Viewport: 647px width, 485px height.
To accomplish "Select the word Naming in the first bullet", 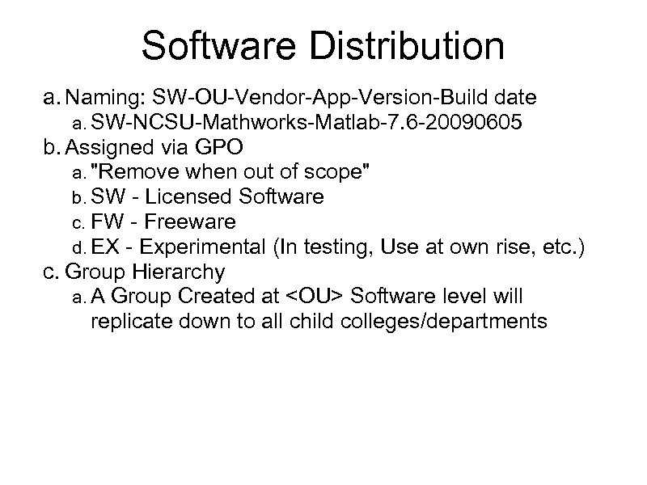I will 105,99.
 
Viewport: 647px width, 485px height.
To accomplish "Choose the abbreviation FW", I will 105,221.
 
